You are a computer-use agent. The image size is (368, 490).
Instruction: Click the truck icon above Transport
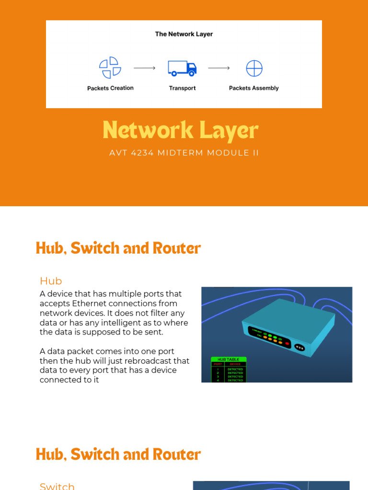[x=182, y=68]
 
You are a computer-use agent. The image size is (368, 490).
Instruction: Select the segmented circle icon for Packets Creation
[x=110, y=68]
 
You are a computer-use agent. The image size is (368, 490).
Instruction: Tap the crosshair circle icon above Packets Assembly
[x=254, y=68]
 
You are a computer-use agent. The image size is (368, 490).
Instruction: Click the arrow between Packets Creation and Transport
[x=145, y=68]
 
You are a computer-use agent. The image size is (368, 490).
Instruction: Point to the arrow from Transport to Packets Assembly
[x=219, y=68]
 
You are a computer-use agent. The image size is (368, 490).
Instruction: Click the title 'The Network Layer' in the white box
[x=184, y=34]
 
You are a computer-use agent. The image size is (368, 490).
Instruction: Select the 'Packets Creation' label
[x=110, y=88]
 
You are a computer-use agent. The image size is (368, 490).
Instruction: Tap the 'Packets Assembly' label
[x=253, y=88]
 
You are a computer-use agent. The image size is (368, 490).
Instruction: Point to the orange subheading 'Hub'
[x=51, y=281]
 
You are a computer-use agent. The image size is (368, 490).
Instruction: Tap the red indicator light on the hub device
[x=287, y=344]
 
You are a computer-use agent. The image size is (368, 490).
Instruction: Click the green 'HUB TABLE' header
[x=229, y=359]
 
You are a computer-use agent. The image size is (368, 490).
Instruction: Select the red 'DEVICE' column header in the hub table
[x=235, y=364]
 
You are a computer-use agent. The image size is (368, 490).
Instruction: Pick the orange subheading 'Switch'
[x=57, y=486]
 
